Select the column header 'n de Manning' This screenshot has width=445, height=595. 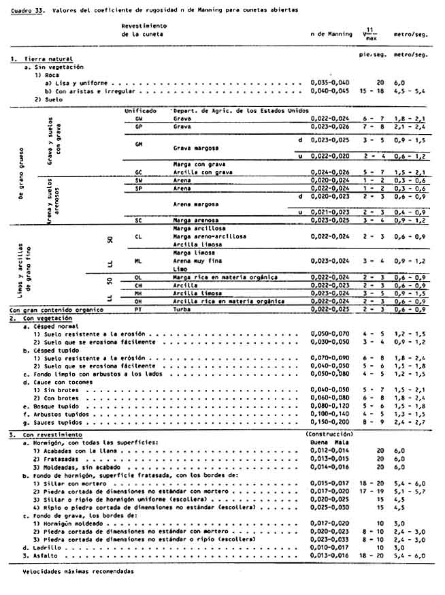pyautogui.click(x=329, y=33)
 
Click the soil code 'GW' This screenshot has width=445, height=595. pyautogui.click(x=138, y=118)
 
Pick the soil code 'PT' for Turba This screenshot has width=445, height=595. pyautogui.click(x=138, y=309)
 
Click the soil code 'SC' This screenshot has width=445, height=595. pyautogui.click(x=138, y=221)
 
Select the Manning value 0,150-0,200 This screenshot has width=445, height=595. pyautogui.click(x=329, y=422)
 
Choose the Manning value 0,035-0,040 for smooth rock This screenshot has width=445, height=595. pyautogui.click(x=329, y=82)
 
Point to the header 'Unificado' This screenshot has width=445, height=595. pyautogui.click(x=141, y=110)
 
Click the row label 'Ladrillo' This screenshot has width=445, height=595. pyautogui.click(x=42, y=547)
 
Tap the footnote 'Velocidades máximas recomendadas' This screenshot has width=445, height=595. pyautogui.click(x=68, y=573)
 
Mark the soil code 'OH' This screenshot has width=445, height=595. pyautogui.click(x=138, y=301)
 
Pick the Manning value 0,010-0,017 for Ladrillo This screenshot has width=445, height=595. pyautogui.click(x=329, y=547)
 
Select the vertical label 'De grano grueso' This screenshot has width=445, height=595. pyautogui.click(x=14, y=174)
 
